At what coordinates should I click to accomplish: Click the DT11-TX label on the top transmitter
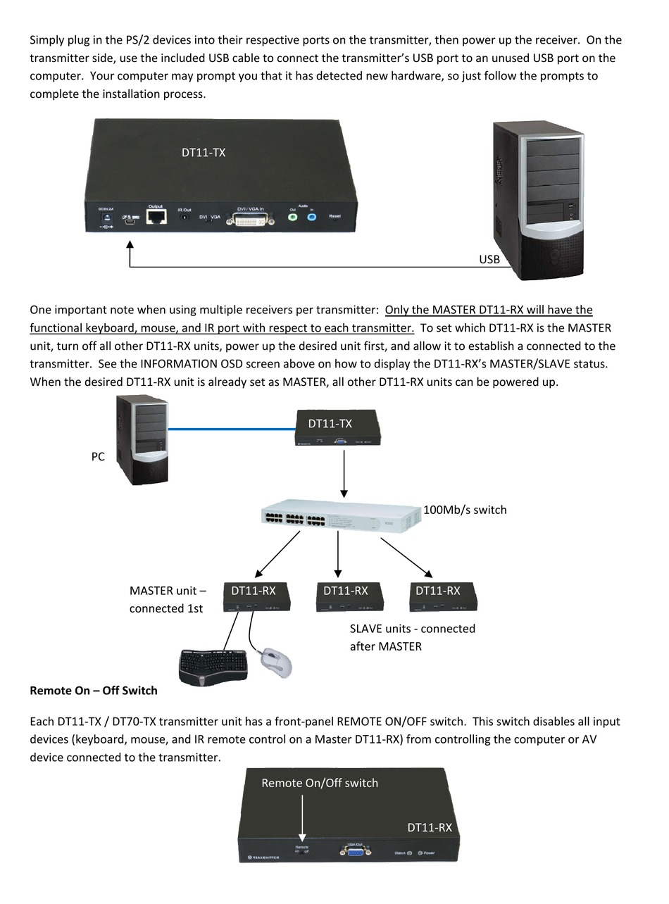tap(204, 152)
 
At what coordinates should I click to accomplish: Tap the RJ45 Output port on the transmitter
tap(156, 216)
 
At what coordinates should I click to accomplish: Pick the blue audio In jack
tap(312, 218)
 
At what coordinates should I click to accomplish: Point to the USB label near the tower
tap(489, 259)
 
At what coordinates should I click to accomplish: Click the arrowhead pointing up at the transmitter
tap(130, 245)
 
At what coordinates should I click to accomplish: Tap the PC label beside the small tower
tap(98, 456)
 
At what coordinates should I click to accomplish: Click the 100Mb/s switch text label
tap(465, 510)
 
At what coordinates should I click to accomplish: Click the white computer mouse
tap(276, 661)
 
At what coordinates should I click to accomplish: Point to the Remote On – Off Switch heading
tap(94, 690)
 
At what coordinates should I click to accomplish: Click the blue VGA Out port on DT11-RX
tap(355, 851)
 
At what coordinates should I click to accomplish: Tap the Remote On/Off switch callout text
tap(320, 783)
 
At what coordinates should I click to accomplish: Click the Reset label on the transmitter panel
tap(335, 216)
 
